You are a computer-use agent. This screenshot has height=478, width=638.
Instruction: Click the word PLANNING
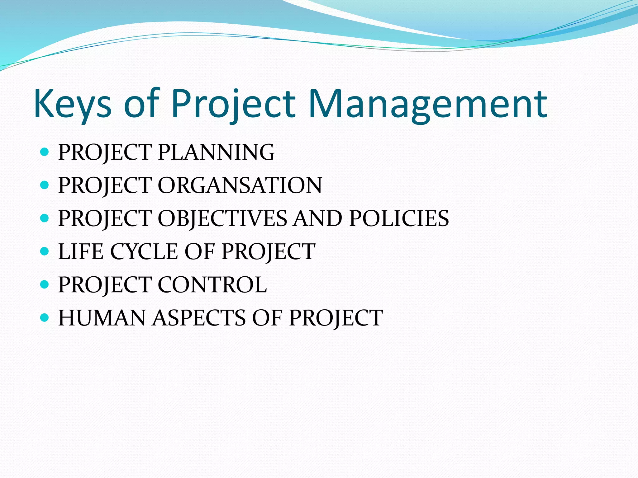(216, 152)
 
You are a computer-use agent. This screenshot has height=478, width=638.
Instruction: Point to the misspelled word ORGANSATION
(240, 185)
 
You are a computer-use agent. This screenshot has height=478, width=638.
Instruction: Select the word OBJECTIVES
(222, 218)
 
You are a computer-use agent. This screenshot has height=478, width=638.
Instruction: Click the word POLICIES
(399, 218)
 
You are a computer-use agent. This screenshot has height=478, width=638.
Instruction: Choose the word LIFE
(81, 251)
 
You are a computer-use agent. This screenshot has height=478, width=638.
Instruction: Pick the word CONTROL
(212, 285)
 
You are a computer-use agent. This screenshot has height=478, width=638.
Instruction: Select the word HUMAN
(102, 318)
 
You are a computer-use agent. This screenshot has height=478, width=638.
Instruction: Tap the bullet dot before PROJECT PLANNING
(45, 152)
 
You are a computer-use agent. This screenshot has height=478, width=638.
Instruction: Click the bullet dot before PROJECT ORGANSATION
(45, 185)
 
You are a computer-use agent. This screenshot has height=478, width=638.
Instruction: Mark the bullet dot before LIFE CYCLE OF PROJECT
(45, 251)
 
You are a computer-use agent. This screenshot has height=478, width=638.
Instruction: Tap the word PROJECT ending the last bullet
(336, 318)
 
